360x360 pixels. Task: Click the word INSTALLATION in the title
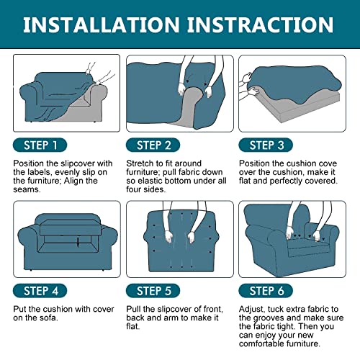102,24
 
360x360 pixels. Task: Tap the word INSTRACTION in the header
260,24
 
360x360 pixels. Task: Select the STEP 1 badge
40,145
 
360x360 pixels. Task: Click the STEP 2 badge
153,145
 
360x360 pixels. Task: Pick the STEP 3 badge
266,145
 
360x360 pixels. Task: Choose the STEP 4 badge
40,291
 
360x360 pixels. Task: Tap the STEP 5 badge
153,291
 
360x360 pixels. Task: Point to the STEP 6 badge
266,291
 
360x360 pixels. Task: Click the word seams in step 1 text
26,189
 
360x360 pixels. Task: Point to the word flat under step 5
132,326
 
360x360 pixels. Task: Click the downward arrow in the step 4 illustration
78,243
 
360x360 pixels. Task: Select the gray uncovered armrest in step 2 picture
188,107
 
